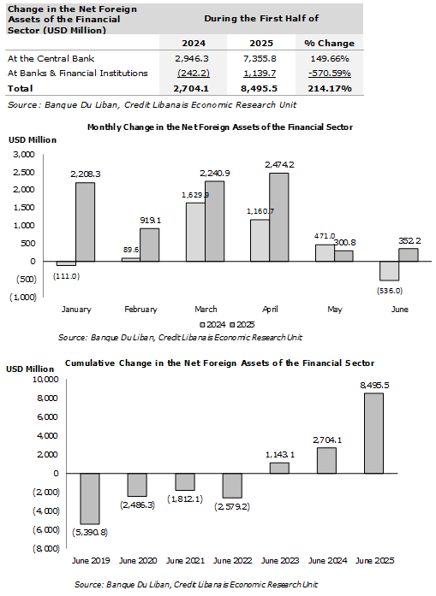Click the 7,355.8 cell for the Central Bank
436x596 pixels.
pos(261,58)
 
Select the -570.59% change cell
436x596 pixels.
pos(330,73)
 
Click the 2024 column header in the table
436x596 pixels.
pos(194,43)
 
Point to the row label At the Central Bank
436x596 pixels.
pos(51,58)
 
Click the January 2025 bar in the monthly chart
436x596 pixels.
pos(86,222)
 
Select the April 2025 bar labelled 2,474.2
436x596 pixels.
pos(279,217)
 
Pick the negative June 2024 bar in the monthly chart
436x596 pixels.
pos(389,271)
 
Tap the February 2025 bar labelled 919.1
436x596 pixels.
pos(150,245)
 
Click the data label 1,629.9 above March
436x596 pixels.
pos(195,195)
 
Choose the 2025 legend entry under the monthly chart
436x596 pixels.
pos(242,325)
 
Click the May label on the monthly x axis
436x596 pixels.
pos(335,310)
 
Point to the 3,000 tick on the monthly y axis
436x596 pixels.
pos(24,154)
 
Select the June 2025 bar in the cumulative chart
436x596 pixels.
pos(374,434)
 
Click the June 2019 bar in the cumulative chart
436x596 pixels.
pos(90,499)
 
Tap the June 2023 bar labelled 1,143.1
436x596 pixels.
pos(279,468)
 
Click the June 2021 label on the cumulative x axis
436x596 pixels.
pos(185,561)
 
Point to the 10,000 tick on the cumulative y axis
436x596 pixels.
pos(45,380)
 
